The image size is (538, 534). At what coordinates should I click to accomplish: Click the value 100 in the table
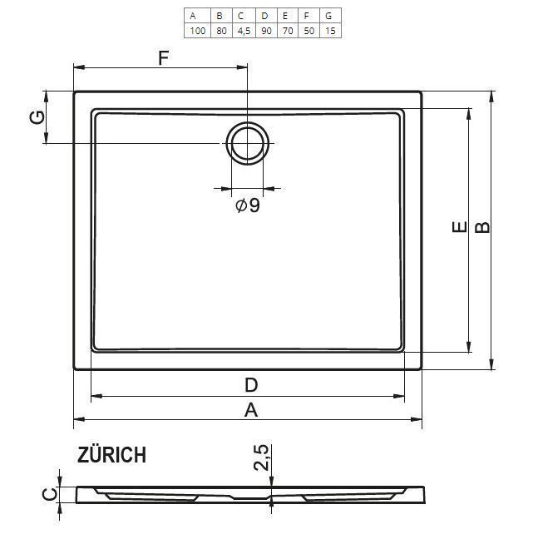(198, 31)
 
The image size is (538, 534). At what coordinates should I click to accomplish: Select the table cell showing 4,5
(244, 32)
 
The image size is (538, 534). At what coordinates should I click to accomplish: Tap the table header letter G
(328, 16)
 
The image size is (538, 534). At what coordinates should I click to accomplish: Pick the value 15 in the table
(330, 31)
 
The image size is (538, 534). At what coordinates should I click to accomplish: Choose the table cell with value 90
(266, 31)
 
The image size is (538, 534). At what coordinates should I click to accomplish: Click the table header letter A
(193, 16)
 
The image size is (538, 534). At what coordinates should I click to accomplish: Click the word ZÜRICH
(112, 455)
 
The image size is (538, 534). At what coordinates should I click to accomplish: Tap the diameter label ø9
(248, 205)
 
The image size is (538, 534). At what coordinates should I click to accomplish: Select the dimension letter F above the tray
(164, 57)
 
